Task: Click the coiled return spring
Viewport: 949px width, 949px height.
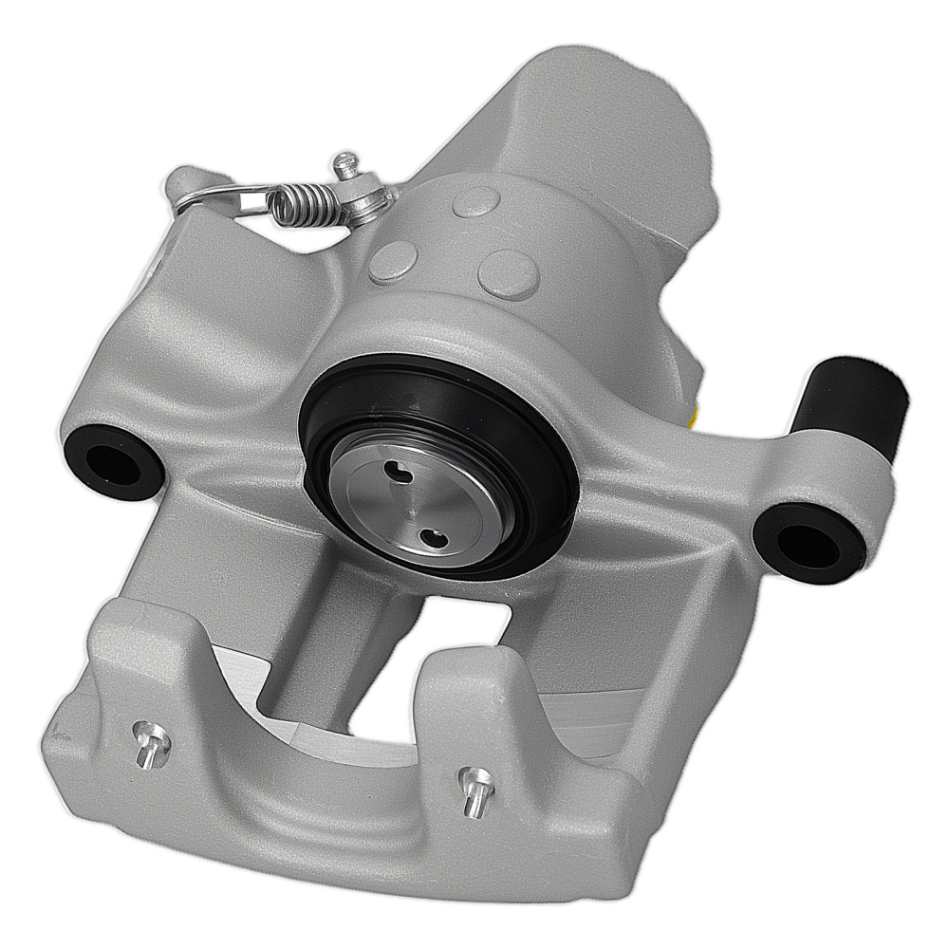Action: tap(301, 201)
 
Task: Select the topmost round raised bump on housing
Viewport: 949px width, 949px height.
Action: tap(476, 200)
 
